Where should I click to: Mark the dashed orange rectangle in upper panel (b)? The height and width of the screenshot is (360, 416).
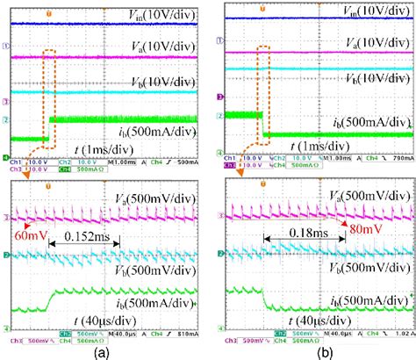261,92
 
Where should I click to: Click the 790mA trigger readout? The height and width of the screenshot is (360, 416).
398,158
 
